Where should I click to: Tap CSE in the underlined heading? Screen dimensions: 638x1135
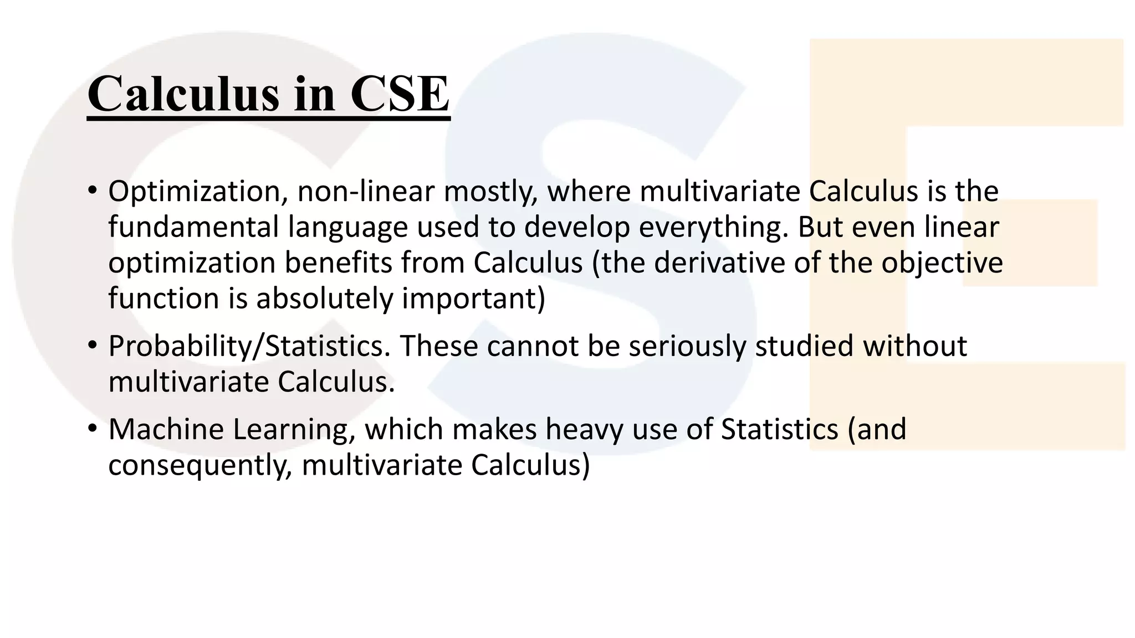(399, 94)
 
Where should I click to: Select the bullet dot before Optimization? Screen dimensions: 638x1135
(92, 192)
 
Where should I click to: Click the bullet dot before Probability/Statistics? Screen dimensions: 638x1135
(92, 347)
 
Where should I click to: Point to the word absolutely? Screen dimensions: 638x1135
(324, 299)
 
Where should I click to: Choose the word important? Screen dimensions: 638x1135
(473, 300)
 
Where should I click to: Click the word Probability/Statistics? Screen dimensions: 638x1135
(246, 347)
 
